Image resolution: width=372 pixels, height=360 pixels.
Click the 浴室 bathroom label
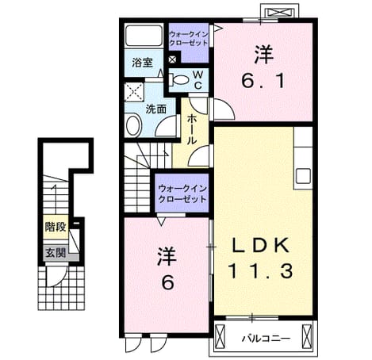point(142,63)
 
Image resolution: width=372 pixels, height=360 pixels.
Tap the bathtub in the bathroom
point(144,36)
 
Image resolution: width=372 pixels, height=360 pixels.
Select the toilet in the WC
point(178,79)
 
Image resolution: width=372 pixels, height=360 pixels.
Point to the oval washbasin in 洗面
point(134,125)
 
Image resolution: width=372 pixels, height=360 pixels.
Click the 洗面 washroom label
point(156,109)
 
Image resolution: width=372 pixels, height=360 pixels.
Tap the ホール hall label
point(192,130)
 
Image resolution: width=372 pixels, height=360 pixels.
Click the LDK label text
point(260,246)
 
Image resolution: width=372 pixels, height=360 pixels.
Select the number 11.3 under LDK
point(261,270)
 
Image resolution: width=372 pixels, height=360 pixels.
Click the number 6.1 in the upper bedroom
point(263,81)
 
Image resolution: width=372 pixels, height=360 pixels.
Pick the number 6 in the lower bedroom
point(168,282)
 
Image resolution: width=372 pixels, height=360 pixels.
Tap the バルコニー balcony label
point(266,339)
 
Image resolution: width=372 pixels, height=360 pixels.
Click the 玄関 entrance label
point(56,253)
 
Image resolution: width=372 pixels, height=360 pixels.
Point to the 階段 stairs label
point(56,227)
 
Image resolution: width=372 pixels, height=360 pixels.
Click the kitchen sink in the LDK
point(303,176)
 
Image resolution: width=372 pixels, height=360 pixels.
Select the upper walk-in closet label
point(188,38)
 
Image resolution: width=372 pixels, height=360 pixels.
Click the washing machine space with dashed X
point(134,92)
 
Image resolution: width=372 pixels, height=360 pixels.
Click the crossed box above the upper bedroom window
point(280,13)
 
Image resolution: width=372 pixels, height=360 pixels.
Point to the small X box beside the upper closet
point(172,59)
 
